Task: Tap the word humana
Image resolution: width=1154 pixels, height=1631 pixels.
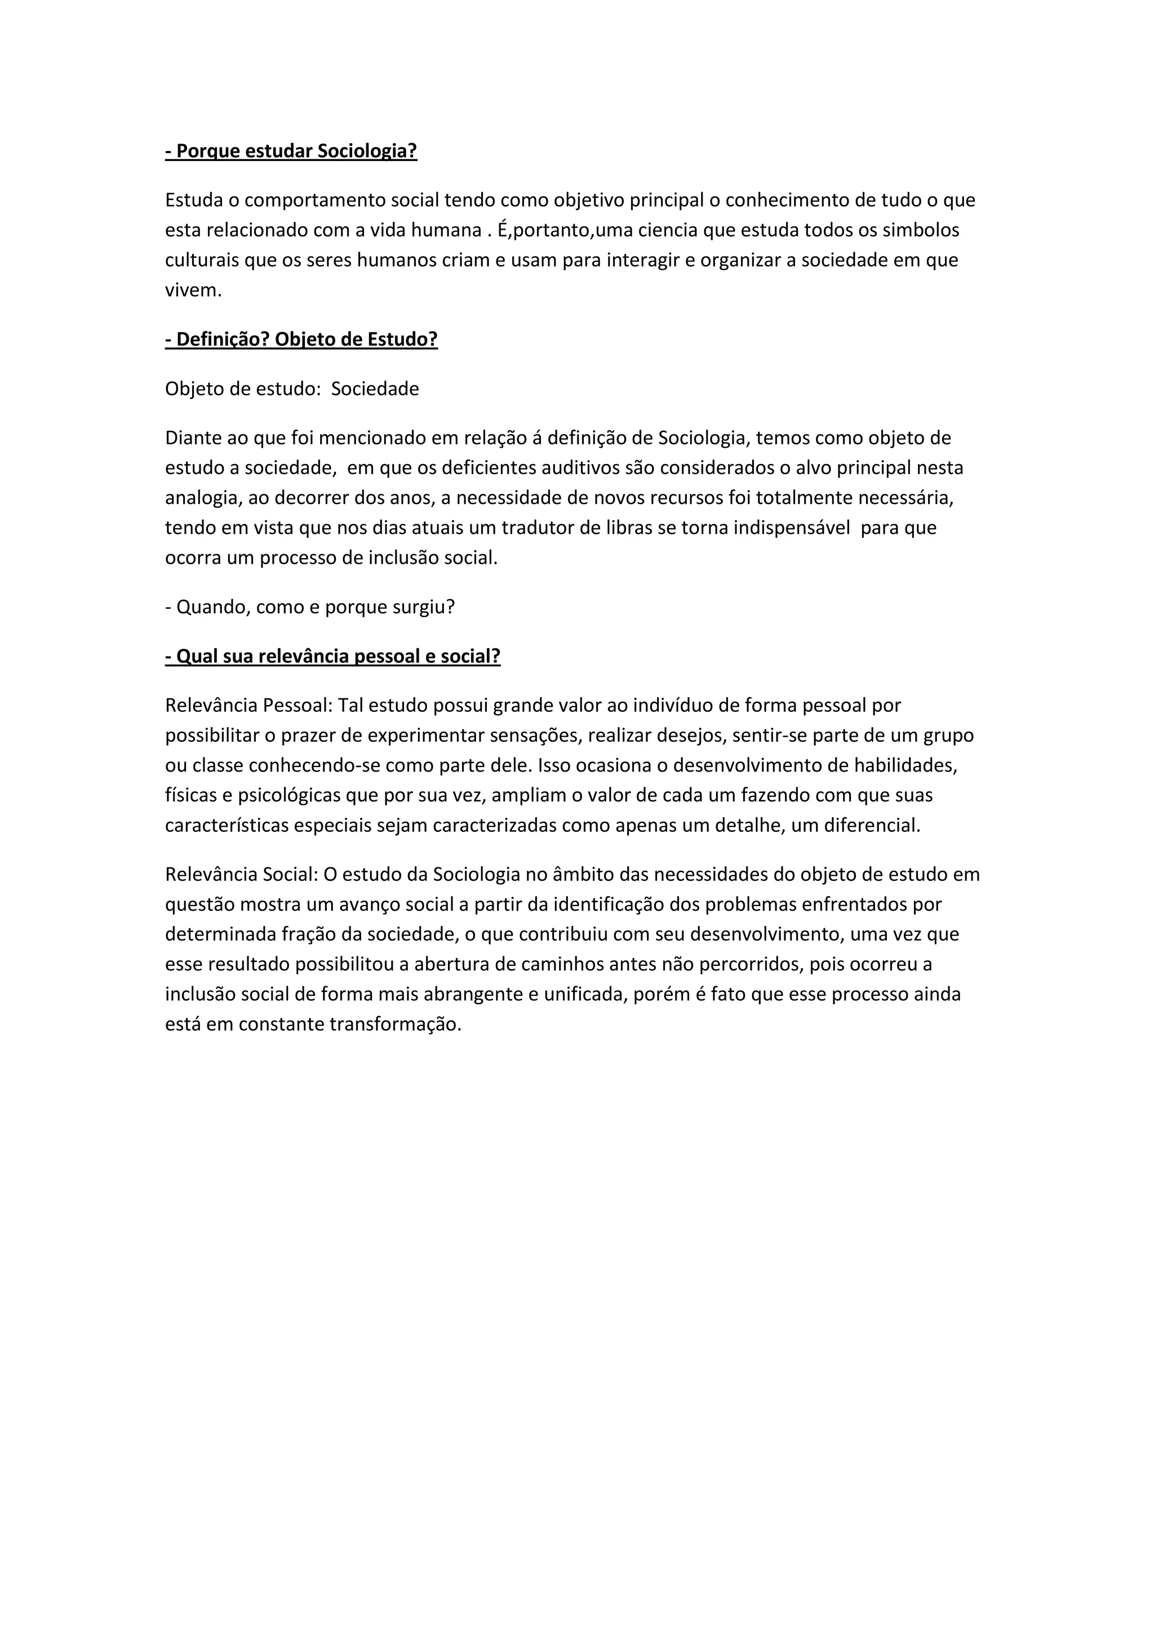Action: coord(446,231)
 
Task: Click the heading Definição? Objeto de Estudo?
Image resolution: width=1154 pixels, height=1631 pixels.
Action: coord(301,340)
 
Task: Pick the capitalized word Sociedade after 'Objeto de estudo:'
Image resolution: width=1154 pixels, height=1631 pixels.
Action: coord(375,389)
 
